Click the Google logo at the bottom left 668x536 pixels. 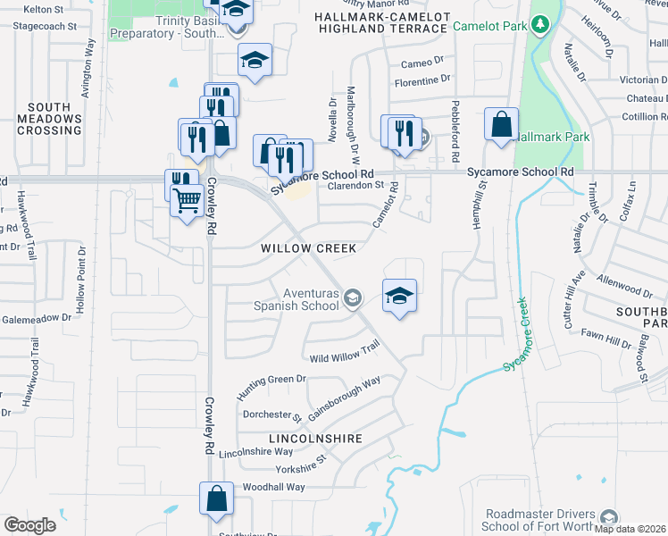click(x=29, y=525)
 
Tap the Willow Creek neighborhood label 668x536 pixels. click(x=308, y=248)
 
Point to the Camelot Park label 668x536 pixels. click(x=489, y=27)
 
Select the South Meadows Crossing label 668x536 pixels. click(x=49, y=119)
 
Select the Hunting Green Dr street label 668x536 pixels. click(x=271, y=386)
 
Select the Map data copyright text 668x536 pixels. click(x=630, y=529)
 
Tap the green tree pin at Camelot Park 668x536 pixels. click(x=539, y=22)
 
